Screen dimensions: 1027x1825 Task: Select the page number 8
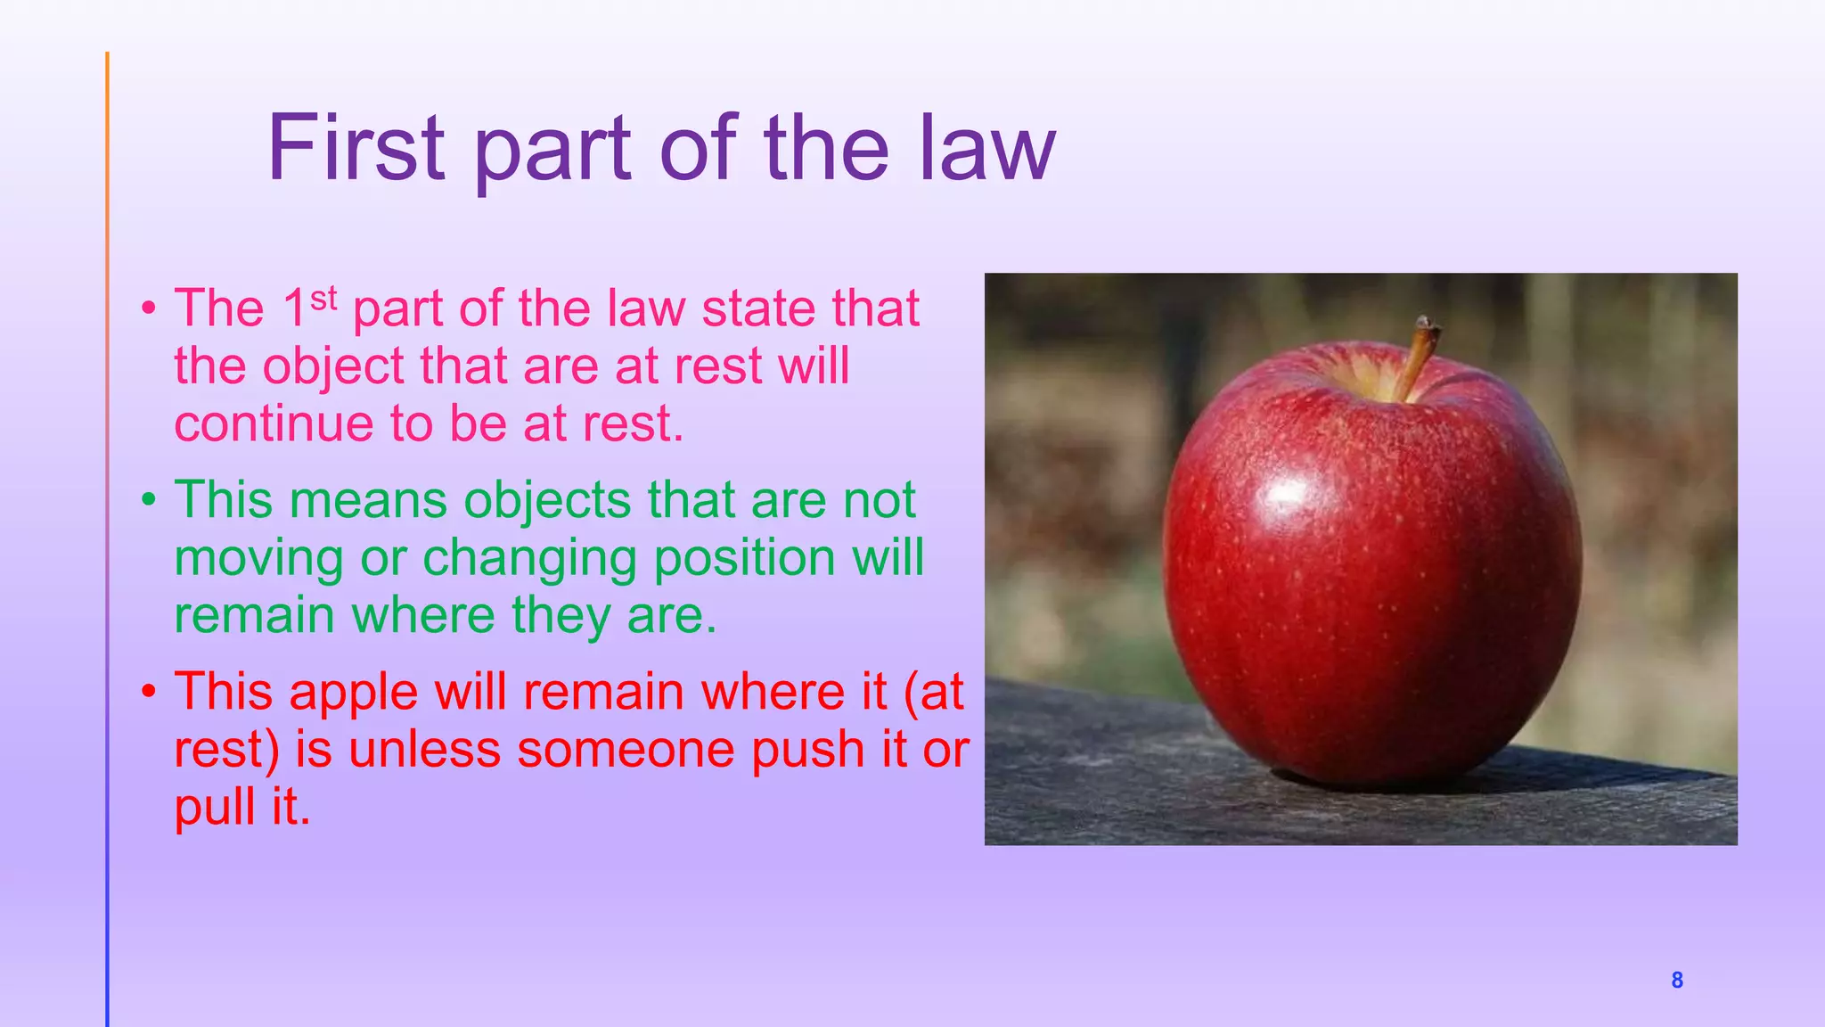coord(1676,981)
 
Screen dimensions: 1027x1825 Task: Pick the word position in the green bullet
coord(744,559)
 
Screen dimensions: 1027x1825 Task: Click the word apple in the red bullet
coord(353,693)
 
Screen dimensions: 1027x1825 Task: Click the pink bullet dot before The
coord(149,309)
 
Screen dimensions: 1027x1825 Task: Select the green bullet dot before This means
coord(149,501)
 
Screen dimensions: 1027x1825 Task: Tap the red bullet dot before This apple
coord(149,693)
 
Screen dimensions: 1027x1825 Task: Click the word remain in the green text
coord(254,616)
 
